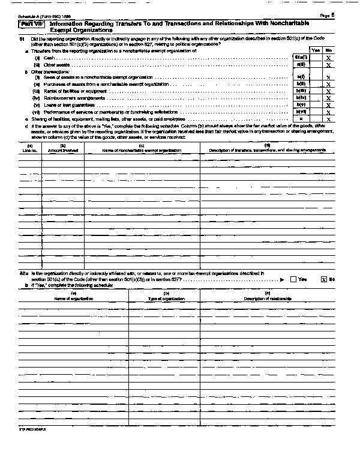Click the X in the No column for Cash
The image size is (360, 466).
(x=329, y=57)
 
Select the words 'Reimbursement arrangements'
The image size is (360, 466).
(x=68, y=98)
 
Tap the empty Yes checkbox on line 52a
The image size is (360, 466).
(x=293, y=279)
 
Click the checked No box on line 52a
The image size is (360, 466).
(x=324, y=279)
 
